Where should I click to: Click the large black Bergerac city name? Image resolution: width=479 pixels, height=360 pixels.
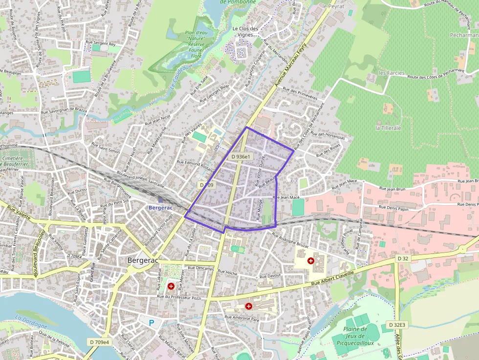pyautogui.click(x=143, y=260)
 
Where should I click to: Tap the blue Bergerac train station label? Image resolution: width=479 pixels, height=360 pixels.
pyautogui.click(x=161, y=208)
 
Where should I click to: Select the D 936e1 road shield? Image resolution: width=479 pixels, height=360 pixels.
pyautogui.click(x=241, y=156)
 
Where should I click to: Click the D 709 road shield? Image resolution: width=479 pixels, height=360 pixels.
pyautogui.click(x=207, y=185)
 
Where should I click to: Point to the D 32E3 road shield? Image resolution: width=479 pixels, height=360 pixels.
pyautogui.click(x=397, y=324)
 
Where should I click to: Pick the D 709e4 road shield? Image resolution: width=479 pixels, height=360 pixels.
pyautogui.click(x=100, y=341)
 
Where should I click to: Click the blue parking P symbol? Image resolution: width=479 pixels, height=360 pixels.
pyautogui.click(x=152, y=322)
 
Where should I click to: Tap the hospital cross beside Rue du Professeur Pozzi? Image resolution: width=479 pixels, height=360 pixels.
pyautogui.click(x=171, y=286)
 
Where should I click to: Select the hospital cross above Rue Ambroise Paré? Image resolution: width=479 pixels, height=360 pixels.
pyautogui.click(x=249, y=306)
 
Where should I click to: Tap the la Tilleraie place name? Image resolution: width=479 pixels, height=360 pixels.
pyautogui.click(x=388, y=127)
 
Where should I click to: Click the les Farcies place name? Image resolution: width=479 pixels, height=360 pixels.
pyautogui.click(x=392, y=73)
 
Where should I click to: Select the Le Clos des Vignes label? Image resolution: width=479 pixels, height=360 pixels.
pyautogui.click(x=245, y=31)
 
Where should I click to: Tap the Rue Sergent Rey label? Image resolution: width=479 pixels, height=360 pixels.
pyautogui.click(x=100, y=44)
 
